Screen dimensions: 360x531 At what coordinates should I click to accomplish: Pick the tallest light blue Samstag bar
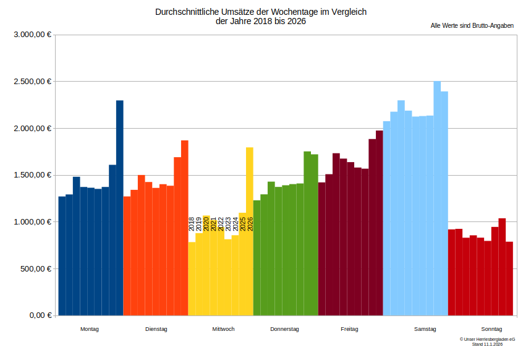pos(437,198)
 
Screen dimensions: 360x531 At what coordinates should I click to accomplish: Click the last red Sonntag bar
pos(509,278)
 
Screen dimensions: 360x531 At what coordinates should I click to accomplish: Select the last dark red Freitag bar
pos(380,223)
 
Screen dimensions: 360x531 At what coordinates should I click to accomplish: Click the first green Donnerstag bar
pos(257,257)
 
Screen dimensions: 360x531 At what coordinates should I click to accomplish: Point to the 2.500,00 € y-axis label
pos(32,82)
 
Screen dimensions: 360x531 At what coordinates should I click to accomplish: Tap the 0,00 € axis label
pos(40,315)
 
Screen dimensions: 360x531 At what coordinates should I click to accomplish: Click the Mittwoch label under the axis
pos(223,329)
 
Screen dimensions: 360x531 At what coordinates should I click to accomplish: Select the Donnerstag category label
pos(284,329)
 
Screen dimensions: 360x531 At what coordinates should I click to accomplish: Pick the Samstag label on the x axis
pos(425,329)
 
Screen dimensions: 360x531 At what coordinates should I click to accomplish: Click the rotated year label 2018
pos(192,224)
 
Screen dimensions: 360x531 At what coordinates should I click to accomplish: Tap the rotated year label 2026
pos(250,224)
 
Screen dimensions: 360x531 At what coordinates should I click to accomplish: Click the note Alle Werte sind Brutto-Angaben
pos(472,25)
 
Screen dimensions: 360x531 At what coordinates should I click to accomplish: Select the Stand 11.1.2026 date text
pos(487,345)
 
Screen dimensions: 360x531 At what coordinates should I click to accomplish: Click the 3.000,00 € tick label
pos(32,35)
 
